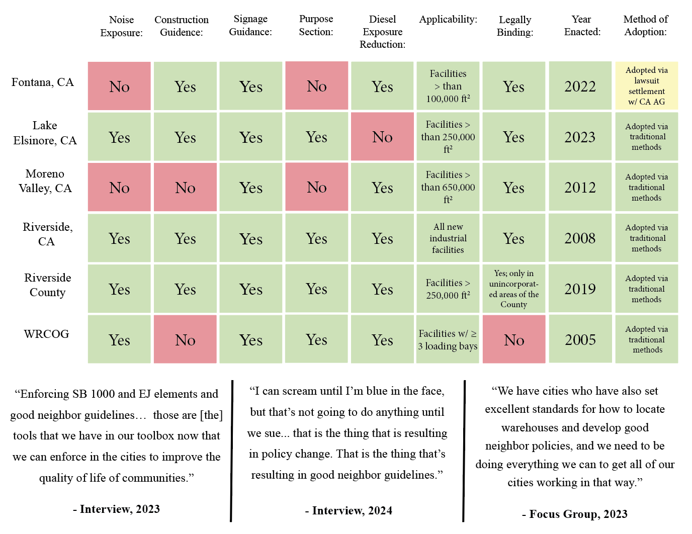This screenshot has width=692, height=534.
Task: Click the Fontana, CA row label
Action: (43, 82)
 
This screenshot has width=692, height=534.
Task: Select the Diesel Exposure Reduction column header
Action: (382, 32)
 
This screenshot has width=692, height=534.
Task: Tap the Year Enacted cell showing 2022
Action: (580, 86)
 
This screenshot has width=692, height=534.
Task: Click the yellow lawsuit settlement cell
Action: (646, 86)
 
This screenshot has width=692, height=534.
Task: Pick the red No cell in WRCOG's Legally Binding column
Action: (513, 339)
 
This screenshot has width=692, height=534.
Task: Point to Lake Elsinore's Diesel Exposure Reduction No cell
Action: (382, 137)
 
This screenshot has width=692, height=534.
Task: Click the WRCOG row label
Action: (46, 334)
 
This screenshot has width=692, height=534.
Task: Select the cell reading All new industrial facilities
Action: (448, 238)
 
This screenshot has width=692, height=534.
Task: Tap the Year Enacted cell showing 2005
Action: (580, 339)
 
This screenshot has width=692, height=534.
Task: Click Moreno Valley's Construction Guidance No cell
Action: (185, 188)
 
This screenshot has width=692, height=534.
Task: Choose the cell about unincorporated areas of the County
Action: (513, 289)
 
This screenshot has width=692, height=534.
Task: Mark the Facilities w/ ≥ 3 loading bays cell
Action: (448, 339)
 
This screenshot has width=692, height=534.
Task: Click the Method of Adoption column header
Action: (646, 26)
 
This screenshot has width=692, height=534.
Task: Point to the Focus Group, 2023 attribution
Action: (574, 514)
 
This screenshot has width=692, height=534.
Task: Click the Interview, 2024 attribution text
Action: (348, 511)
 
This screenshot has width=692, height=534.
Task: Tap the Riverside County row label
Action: (47, 285)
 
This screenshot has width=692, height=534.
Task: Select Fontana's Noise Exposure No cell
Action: (119, 86)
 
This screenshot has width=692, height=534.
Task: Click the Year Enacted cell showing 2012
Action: (580, 188)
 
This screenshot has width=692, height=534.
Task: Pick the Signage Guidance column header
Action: (250, 26)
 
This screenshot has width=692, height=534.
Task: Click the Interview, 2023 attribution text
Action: (116, 509)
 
